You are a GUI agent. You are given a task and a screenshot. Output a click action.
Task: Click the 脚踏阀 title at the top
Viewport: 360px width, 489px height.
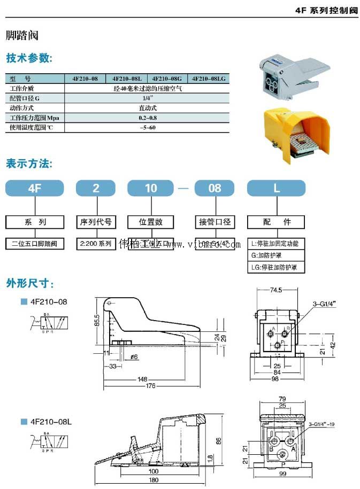22,36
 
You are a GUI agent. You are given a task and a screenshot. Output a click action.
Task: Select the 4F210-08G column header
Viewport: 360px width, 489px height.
168,79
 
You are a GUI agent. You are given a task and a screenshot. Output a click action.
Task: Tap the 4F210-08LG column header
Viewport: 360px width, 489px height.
209,79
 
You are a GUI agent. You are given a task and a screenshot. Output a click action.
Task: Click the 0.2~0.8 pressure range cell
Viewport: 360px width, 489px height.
147,118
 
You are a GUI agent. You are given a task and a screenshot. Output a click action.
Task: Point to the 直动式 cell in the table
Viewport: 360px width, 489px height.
147,108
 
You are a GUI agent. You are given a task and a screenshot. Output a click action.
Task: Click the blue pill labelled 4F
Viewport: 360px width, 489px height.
35,188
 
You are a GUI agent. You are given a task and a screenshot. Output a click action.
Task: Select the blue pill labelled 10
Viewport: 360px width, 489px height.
151,188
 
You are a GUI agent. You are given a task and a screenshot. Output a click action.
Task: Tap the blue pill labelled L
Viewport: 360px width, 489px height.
276,188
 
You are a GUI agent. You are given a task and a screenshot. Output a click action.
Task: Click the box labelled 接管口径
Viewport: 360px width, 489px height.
214,222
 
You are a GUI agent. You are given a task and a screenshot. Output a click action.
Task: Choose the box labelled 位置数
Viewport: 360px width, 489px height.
151,222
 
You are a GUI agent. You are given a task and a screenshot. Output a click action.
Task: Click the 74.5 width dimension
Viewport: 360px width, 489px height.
275,290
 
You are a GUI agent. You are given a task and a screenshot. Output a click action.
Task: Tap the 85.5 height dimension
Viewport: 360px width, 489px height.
97,320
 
